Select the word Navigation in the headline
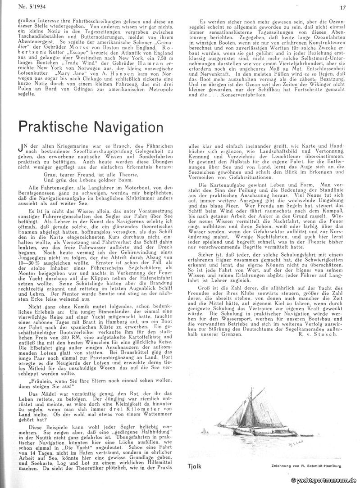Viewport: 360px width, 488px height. pos(125,127)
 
